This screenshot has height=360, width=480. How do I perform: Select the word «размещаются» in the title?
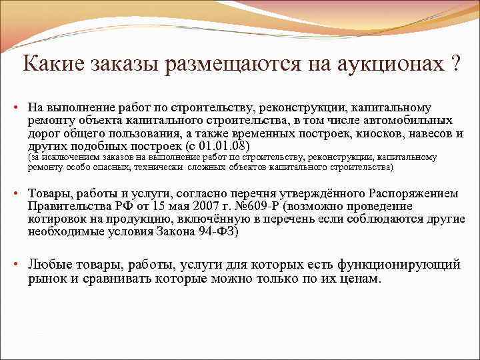(x=235, y=64)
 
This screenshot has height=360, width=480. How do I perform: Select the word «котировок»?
(x=59, y=219)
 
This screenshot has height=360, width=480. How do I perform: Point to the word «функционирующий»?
(x=401, y=265)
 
